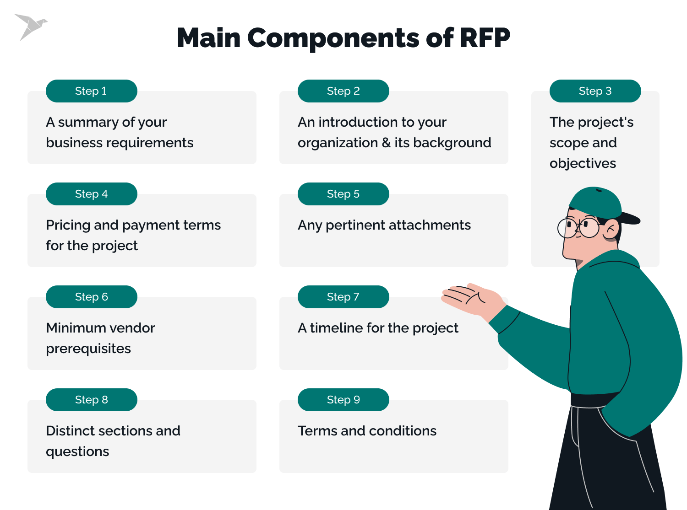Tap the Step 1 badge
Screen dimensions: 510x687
coord(91,91)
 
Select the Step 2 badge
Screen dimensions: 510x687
coord(343,91)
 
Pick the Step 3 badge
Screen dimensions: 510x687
coord(595,91)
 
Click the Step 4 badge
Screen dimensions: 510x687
coord(91,194)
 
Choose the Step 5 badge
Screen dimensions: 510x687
coord(343,194)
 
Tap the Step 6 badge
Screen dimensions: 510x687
coord(91,297)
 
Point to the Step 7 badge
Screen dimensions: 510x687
coord(343,297)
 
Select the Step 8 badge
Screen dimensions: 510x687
coord(91,400)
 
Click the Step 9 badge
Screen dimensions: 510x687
coord(343,400)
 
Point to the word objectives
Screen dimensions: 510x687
coord(583,163)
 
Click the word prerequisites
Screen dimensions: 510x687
coord(88,349)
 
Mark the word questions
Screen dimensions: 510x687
coord(77,451)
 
